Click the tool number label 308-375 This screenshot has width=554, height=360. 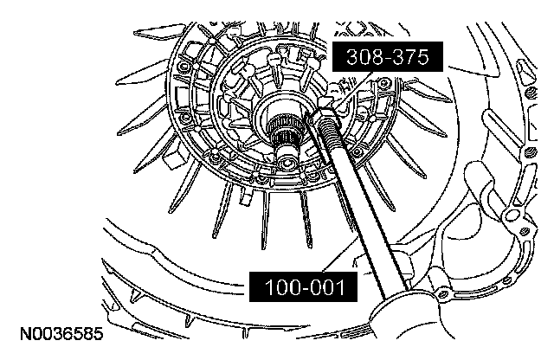point(388,57)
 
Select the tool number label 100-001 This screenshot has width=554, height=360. point(304,286)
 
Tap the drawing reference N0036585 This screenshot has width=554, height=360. point(61,333)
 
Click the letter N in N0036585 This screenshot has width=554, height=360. point(25,333)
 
